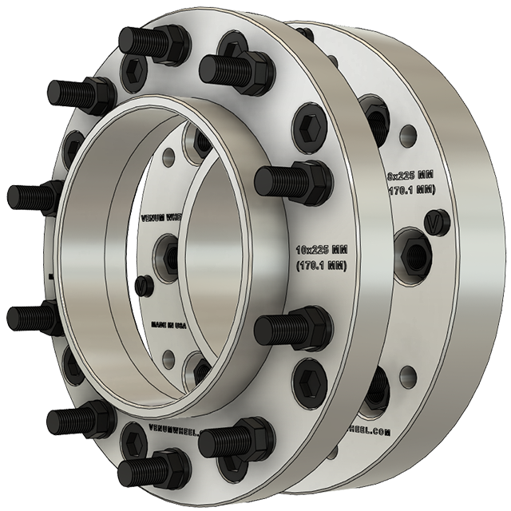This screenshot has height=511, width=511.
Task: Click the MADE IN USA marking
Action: click(x=169, y=325)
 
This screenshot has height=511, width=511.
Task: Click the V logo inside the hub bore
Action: click(x=144, y=285)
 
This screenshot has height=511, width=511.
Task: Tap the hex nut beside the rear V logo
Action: click(x=414, y=254)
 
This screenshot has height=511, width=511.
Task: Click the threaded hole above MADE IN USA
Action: click(x=169, y=251)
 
